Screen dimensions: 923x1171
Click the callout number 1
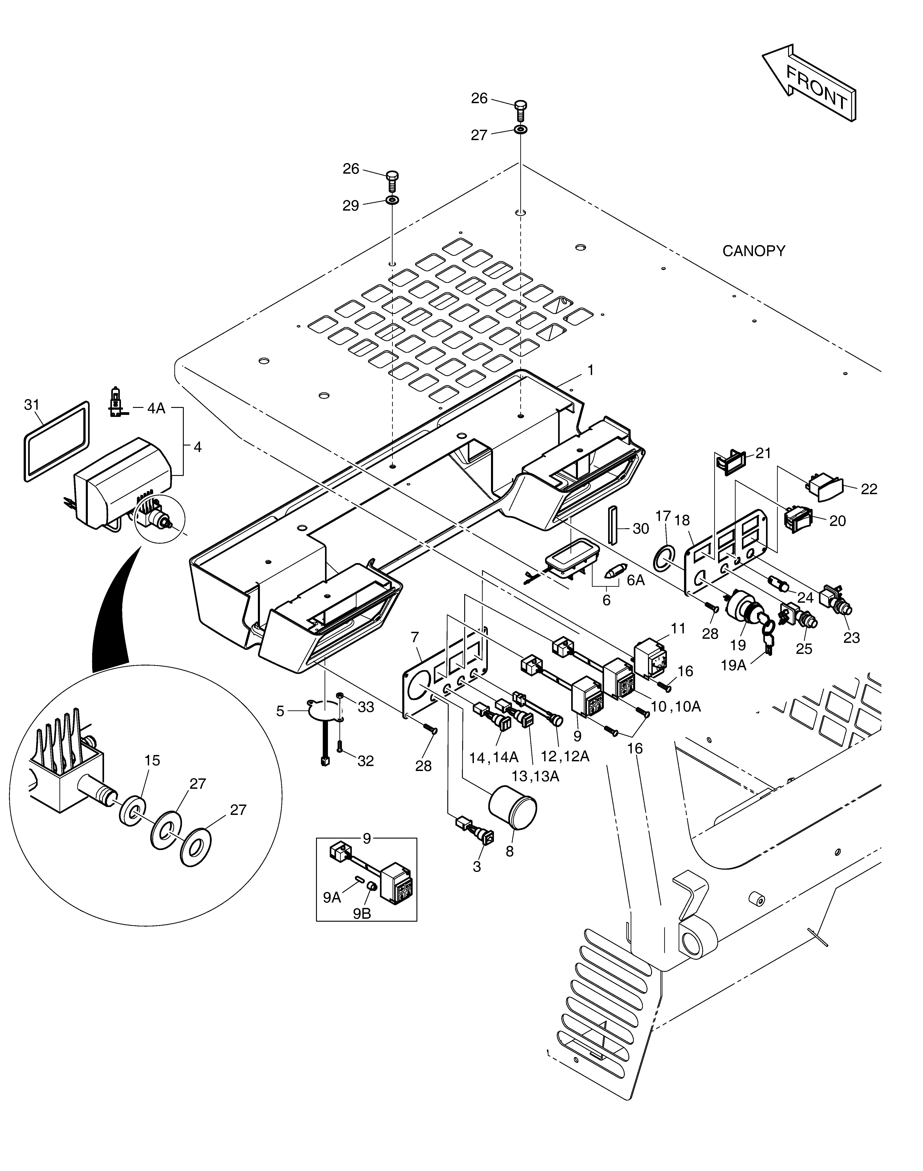(x=591, y=370)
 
